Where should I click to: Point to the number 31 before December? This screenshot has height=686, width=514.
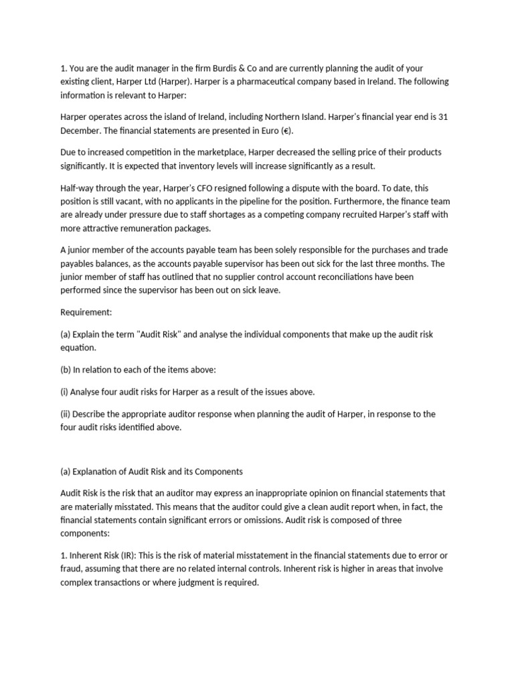click(x=442, y=117)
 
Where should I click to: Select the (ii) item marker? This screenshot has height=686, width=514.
click(x=68, y=414)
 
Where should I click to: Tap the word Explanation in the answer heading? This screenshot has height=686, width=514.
click(x=101, y=471)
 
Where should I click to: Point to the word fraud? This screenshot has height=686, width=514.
click(x=73, y=568)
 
